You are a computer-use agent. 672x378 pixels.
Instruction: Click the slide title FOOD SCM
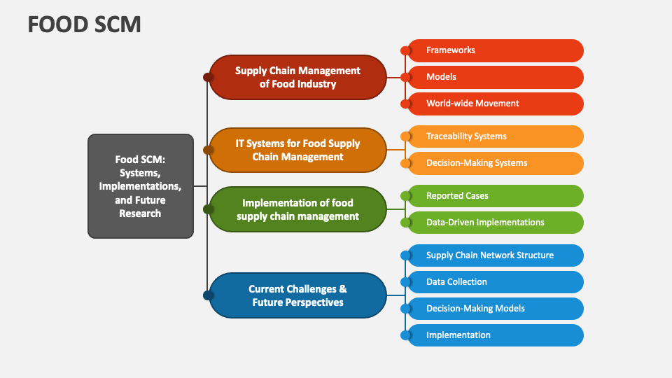(x=85, y=24)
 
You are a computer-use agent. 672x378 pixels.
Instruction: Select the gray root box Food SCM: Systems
(x=140, y=186)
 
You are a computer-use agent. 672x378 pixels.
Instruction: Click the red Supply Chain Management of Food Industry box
(x=297, y=77)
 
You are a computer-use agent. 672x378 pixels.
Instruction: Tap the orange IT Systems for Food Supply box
(x=297, y=150)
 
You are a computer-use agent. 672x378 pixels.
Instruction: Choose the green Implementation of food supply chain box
(x=297, y=209)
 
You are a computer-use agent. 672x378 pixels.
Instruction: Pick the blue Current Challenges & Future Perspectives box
(x=297, y=295)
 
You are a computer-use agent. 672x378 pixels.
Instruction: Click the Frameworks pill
(x=495, y=50)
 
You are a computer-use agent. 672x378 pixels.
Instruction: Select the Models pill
(x=495, y=77)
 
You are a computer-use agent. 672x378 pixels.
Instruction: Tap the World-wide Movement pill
(x=495, y=104)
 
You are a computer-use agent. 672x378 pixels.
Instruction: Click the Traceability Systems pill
(x=495, y=136)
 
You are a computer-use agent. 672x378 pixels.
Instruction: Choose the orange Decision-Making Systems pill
(x=495, y=163)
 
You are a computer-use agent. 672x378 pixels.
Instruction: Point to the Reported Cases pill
(x=495, y=196)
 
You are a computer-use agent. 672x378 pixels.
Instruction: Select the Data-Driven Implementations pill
(x=495, y=223)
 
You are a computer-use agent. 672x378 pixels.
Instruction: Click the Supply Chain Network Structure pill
(x=495, y=255)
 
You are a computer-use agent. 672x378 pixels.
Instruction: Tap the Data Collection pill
(x=495, y=282)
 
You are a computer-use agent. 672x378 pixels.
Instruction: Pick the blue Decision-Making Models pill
(x=495, y=309)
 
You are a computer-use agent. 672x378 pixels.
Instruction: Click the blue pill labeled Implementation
(x=495, y=335)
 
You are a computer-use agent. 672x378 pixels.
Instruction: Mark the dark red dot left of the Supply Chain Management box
(x=208, y=77)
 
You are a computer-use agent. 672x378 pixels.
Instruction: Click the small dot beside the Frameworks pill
(x=405, y=50)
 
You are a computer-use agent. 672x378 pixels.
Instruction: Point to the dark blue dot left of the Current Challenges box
(x=208, y=295)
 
